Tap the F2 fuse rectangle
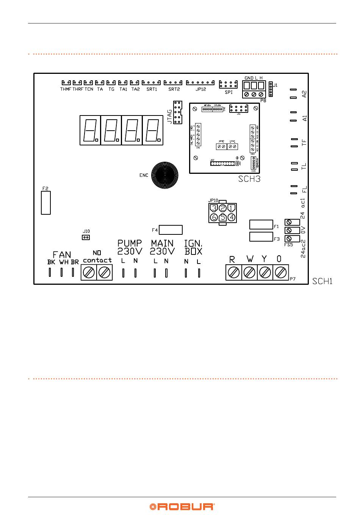[46, 203]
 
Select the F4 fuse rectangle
[171, 230]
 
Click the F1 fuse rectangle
[261, 225]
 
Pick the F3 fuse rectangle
[261, 237]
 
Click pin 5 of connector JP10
[223, 217]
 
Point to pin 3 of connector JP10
[214, 208]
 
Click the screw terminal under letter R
[233, 272]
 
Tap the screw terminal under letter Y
[265, 272]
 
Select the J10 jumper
[86, 237]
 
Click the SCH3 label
[249, 179]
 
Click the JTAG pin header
[177, 112]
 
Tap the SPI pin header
[229, 84]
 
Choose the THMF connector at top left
[67, 82]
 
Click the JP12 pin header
[200, 82]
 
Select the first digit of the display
[90, 130]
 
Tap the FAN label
[62, 254]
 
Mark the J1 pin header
[271, 89]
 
